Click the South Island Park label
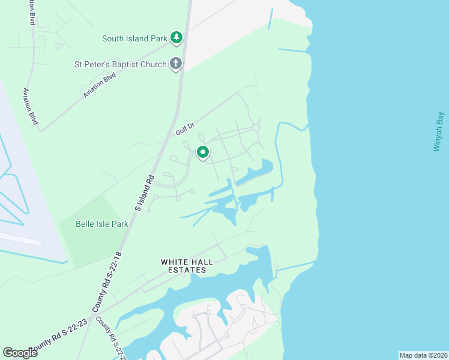coord(134,38)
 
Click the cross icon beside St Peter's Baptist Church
coord(176,63)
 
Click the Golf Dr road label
coord(185,128)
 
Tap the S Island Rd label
coord(145,193)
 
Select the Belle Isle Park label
coord(102,224)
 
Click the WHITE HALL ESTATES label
coord(184,266)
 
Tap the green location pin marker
coord(203,152)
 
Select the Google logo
coord(20,353)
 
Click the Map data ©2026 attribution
coord(423,355)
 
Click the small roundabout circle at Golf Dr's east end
coord(256,128)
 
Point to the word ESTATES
coord(184,270)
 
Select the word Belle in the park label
coord(85,224)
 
